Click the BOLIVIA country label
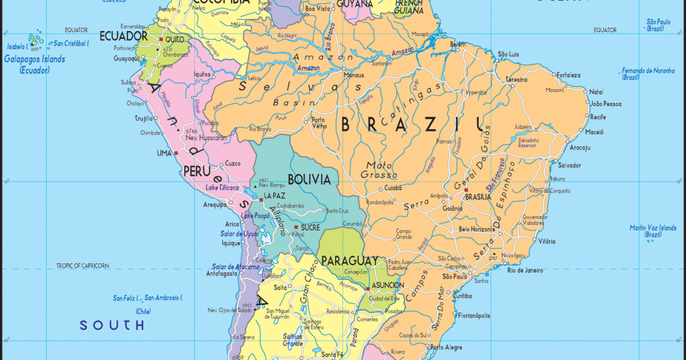pos(309,179)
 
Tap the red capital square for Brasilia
pos(466,190)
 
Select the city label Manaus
pos(353,75)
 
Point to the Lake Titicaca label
pos(222,187)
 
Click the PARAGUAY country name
pos(349,261)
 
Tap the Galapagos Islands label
pos(34,59)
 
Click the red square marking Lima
pos(177,153)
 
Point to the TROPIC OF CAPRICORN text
pos(82,266)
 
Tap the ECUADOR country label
pos(123,35)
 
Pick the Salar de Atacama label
pos(232,266)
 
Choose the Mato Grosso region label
pos(379,170)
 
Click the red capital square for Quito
pos(161,39)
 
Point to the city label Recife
pos(599,117)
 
